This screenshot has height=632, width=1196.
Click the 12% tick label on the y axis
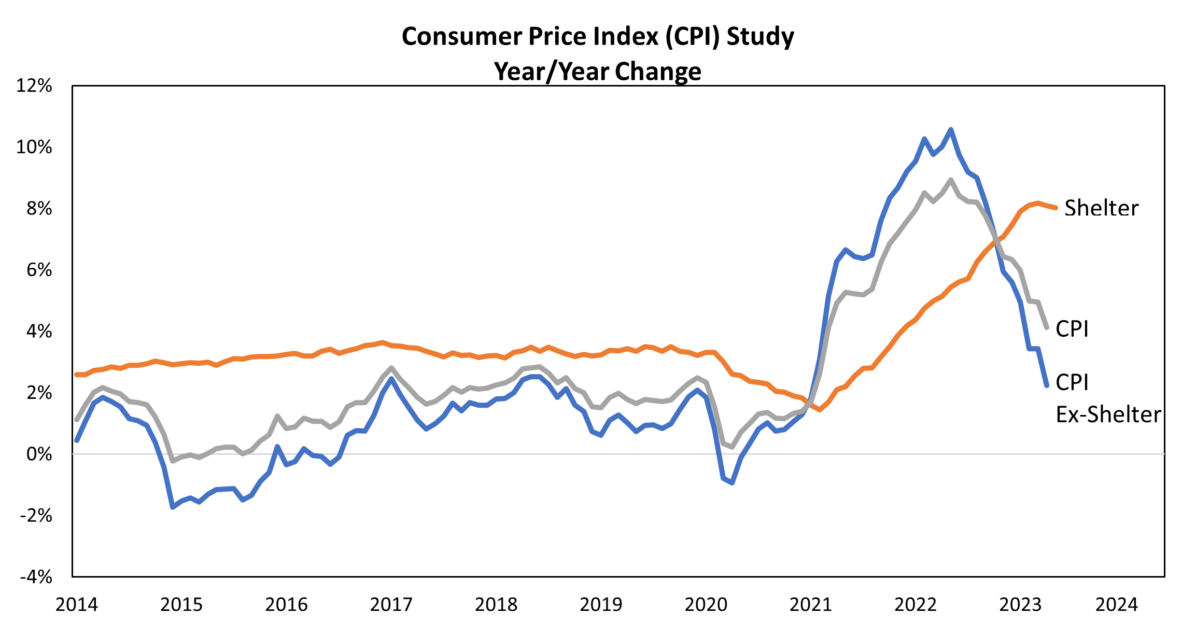tap(34, 86)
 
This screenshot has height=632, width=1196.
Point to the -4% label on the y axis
tap(36, 577)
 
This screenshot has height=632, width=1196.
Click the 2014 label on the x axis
tap(77, 605)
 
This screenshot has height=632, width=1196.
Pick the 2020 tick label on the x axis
tap(706, 605)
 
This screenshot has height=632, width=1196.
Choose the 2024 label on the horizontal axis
tap(1116, 605)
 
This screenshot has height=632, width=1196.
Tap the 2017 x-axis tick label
tap(391, 605)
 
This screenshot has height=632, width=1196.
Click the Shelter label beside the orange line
tap(1101, 208)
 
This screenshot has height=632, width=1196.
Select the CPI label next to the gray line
tap(1072, 329)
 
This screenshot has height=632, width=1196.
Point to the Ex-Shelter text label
tap(1108, 415)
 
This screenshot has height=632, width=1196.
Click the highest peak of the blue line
tap(950, 130)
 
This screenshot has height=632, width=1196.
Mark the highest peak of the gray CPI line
tap(950, 180)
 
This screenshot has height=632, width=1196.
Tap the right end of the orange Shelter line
tap(1056, 208)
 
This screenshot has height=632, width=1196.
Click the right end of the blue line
tap(1047, 385)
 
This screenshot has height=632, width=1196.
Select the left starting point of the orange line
tap(77, 374)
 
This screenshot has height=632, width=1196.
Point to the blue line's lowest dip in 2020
tap(732, 483)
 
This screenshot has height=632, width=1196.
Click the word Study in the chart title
tap(760, 37)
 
